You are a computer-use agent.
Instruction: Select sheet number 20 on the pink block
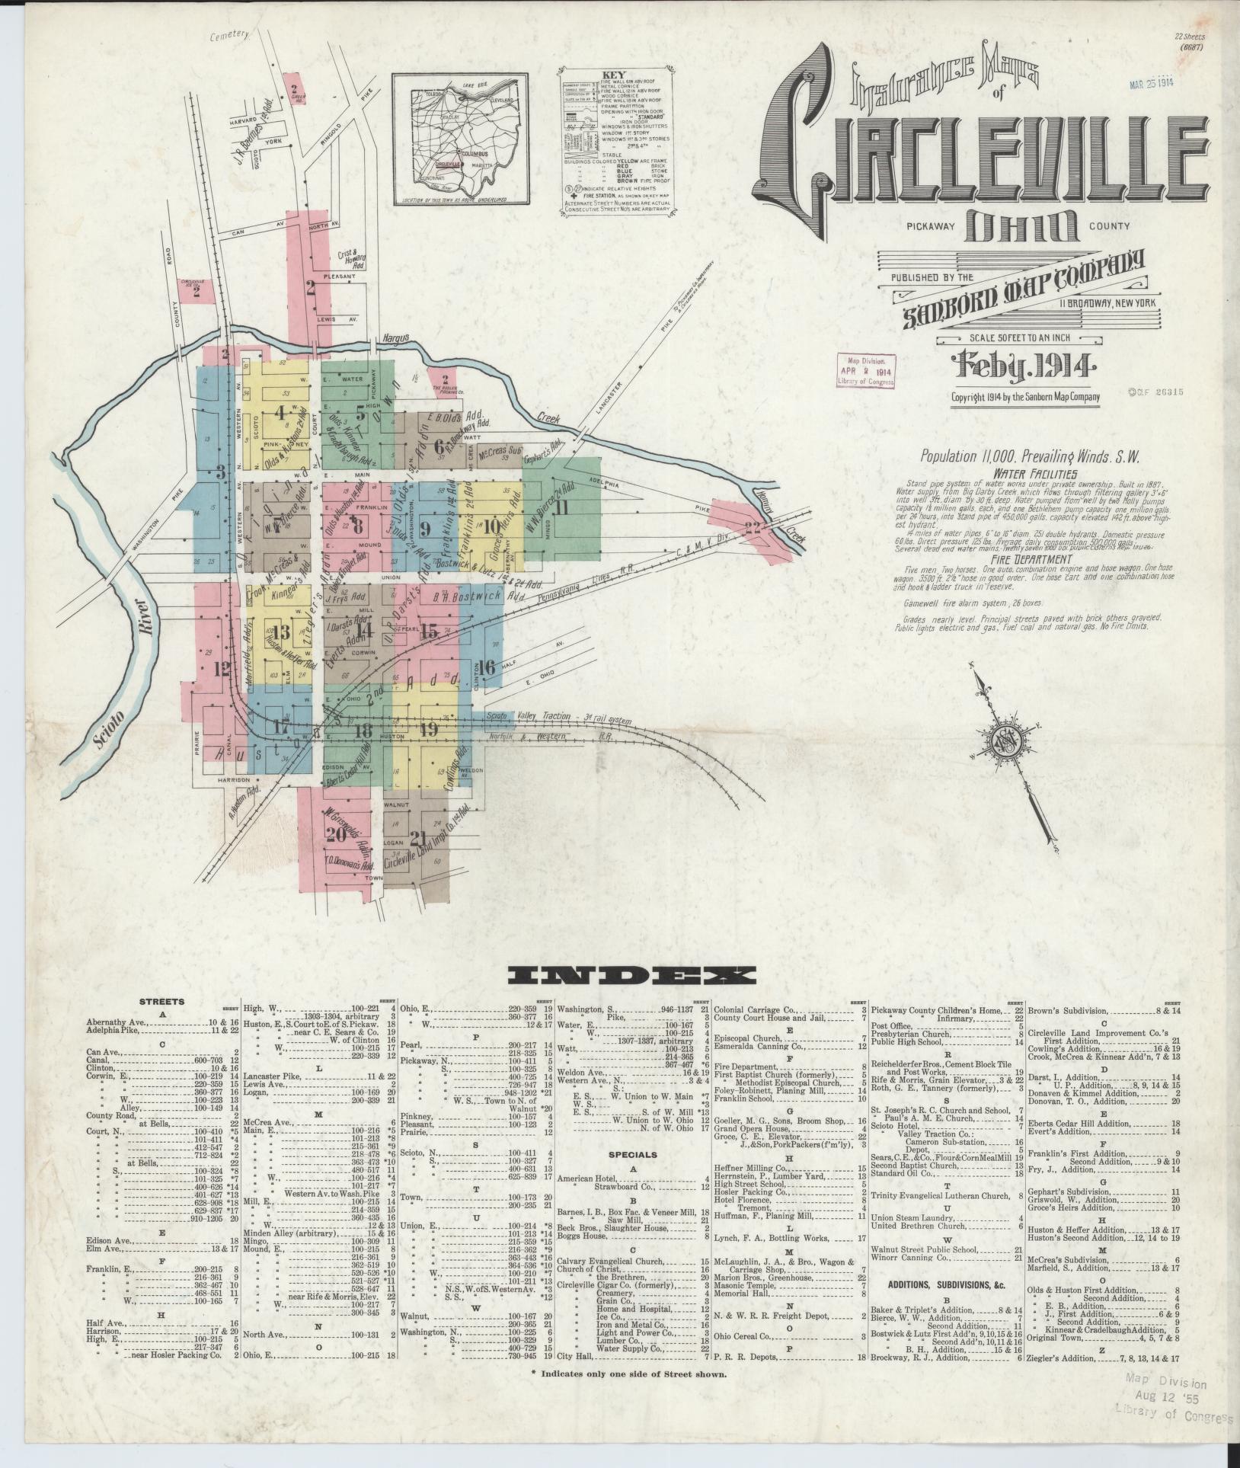pos(335,835)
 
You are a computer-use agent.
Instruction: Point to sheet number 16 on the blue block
pos(487,667)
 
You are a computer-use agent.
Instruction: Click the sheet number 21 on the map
pos(417,839)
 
